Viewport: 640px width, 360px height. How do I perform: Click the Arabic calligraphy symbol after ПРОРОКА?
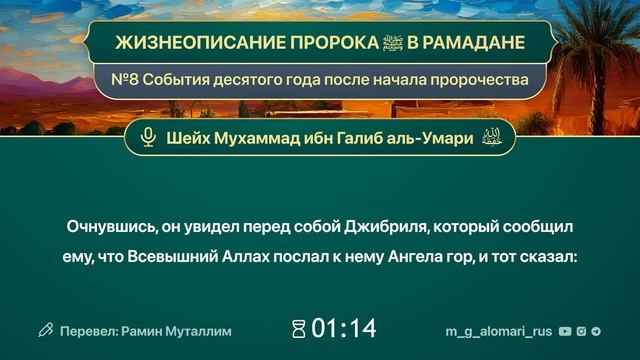(x=353, y=44)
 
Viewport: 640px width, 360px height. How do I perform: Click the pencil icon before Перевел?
(x=46, y=329)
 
